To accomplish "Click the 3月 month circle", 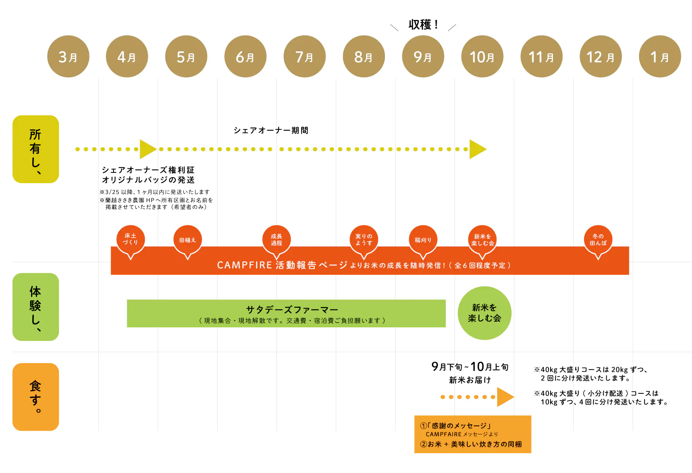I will point(68,57).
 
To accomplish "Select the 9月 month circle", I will point(423,57).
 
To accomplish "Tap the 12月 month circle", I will point(600,57).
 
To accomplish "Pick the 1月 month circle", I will point(660,57).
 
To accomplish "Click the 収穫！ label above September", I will point(423,25).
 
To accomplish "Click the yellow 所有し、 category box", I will point(35,149).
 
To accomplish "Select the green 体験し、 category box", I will point(35,307).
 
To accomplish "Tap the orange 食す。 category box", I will point(35,397).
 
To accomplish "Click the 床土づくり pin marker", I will point(130,240).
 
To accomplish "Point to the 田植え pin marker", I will point(188,240).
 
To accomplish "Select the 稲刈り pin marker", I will point(423,240).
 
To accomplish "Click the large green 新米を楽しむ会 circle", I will point(484,313).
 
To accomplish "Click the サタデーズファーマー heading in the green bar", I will point(292,309).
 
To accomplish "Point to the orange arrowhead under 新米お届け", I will point(505,397).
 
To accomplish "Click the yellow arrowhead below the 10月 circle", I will point(477,149).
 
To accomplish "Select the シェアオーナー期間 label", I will point(271,130).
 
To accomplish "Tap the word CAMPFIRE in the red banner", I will point(244,265).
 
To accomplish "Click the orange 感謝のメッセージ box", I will point(472,434).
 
